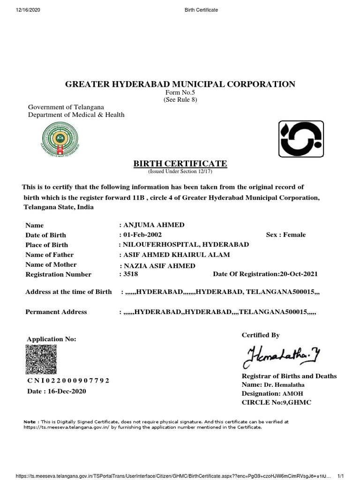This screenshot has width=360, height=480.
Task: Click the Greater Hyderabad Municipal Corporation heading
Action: tap(180, 84)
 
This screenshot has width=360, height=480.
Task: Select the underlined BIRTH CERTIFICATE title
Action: tap(180, 164)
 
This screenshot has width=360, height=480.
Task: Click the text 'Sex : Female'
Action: tap(285, 235)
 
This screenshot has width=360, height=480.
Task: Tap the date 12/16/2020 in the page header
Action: tap(17, 10)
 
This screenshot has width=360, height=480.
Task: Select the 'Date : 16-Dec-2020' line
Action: tap(56, 391)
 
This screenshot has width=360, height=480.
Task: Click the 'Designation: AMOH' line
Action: tap(269, 394)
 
